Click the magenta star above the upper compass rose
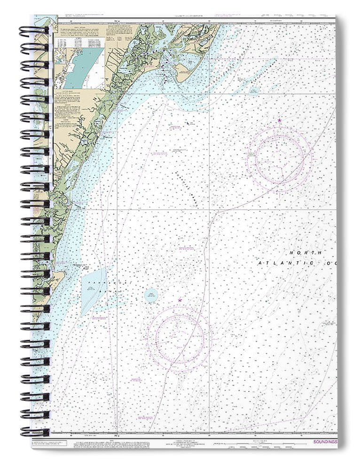click(x=279, y=121)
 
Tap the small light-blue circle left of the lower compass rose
click(x=151, y=296)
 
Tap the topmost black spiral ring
click(x=34, y=31)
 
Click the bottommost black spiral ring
click(x=34, y=431)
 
